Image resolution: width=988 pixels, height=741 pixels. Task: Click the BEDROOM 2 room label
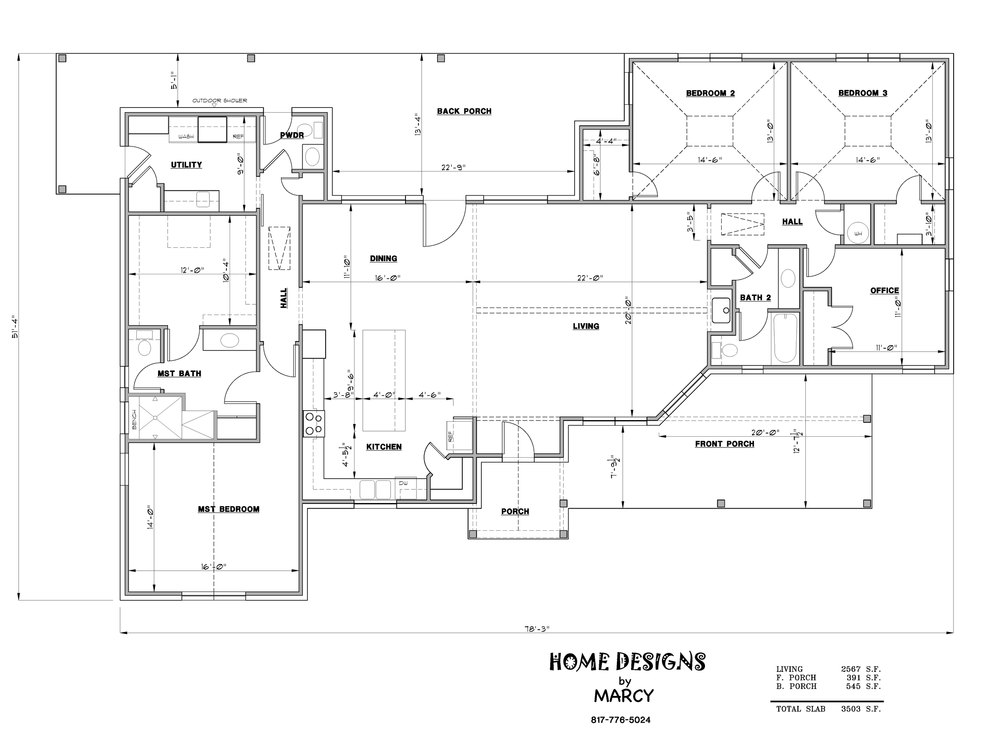[710, 93]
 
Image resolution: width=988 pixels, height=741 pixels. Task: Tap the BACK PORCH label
[464, 111]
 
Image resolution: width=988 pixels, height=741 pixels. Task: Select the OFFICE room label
[884, 290]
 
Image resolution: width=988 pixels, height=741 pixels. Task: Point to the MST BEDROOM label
[228, 509]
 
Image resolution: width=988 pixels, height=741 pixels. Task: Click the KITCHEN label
[384, 447]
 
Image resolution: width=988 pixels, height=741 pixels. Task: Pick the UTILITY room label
[186, 165]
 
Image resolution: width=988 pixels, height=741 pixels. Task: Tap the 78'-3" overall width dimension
[536, 628]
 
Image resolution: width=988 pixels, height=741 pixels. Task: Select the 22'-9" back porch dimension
[453, 168]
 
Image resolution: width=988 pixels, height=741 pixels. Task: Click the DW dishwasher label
[403, 483]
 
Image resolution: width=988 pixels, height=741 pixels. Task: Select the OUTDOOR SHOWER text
[219, 100]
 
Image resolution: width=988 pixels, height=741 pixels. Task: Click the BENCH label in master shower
[134, 419]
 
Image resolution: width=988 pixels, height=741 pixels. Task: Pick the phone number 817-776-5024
[620, 720]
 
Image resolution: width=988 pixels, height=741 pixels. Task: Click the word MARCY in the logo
[624, 696]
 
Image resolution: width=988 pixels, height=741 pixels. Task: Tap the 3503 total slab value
[850, 709]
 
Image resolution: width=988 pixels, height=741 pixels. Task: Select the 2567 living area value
[850, 669]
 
